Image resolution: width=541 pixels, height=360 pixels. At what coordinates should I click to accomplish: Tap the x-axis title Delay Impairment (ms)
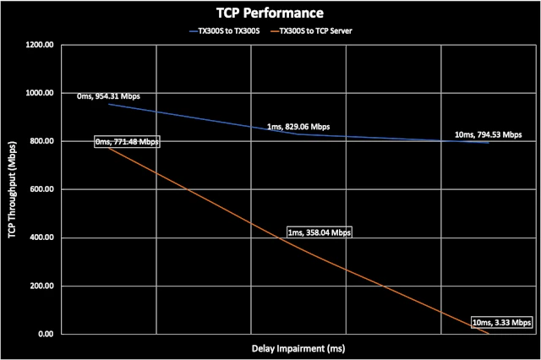(x=298, y=347)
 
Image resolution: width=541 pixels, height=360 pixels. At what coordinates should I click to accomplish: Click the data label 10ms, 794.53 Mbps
(x=488, y=134)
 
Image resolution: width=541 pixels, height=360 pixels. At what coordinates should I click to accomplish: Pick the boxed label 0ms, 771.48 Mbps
(x=126, y=143)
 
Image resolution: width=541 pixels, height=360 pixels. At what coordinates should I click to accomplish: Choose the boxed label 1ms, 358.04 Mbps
(x=319, y=232)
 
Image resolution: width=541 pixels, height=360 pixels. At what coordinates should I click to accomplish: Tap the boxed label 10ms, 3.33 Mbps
(x=502, y=323)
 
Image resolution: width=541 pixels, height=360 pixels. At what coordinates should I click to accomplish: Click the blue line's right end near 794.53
(x=489, y=143)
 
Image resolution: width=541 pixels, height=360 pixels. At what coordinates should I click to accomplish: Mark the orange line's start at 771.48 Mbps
(x=109, y=149)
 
